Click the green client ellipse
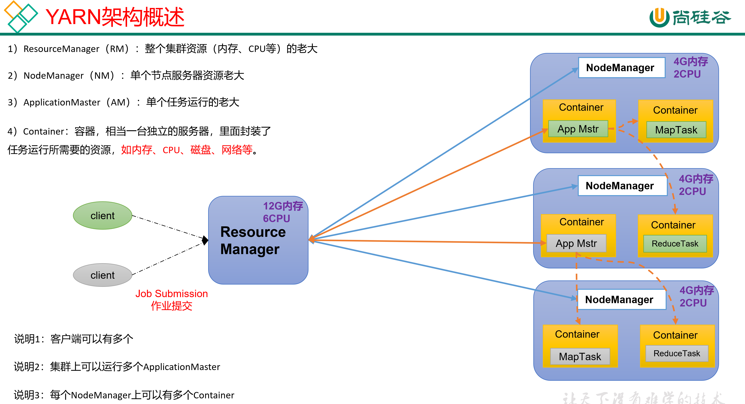(x=102, y=215)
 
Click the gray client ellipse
(x=102, y=275)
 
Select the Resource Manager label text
(x=253, y=240)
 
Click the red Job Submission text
(x=172, y=293)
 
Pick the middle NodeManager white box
(x=622, y=186)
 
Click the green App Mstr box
(x=578, y=129)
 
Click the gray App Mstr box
(x=576, y=243)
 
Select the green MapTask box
(x=676, y=130)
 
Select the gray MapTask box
(x=580, y=356)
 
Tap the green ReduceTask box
(x=675, y=243)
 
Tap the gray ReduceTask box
(x=677, y=353)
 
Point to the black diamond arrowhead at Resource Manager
(x=205, y=240)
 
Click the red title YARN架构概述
(x=115, y=17)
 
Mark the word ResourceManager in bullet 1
(x=61, y=49)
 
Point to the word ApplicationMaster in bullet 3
(x=62, y=102)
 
